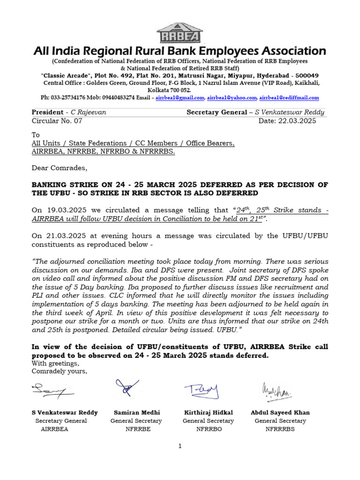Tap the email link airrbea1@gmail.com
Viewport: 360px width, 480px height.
coord(180,98)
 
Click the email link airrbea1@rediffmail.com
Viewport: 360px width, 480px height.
coord(289,98)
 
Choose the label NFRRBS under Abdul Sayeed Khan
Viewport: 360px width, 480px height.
coord(280,429)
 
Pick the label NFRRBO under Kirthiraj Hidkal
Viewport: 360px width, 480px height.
coord(209,429)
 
